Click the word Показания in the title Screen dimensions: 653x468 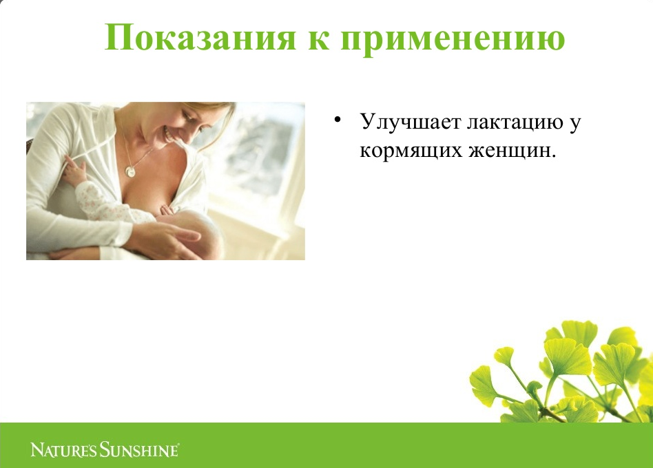pos(200,36)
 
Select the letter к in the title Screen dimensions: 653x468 pos(318,41)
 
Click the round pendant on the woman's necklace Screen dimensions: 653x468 pos(131,171)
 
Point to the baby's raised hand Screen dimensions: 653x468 pos(75,169)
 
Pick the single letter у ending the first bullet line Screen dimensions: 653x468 pos(574,124)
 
